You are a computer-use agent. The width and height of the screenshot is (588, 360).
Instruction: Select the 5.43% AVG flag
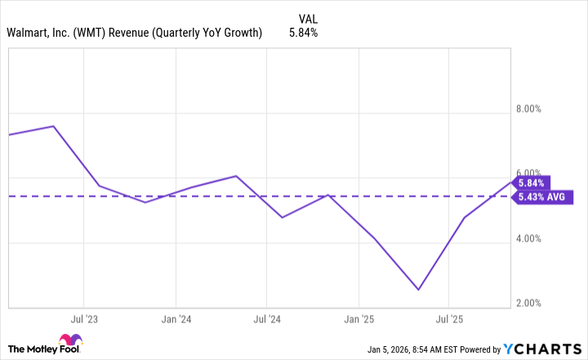pos(542,197)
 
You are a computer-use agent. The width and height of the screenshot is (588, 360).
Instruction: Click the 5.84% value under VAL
pos(304,33)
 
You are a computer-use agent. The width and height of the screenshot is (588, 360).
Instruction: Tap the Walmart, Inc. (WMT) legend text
pos(134,33)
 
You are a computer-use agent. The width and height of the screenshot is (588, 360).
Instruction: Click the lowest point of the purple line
pos(419,290)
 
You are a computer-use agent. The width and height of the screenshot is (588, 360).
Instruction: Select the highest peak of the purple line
pos(54,127)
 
